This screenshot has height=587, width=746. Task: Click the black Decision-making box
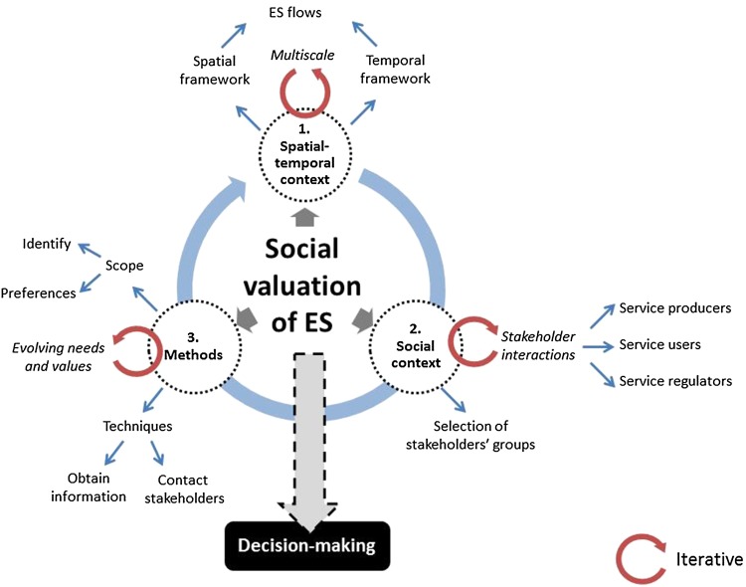(306, 546)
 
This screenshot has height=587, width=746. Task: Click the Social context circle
(411, 340)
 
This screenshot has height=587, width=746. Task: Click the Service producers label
(674, 308)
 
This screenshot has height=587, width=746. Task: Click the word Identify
(46, 243)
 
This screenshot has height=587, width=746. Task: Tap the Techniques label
(139, 425)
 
